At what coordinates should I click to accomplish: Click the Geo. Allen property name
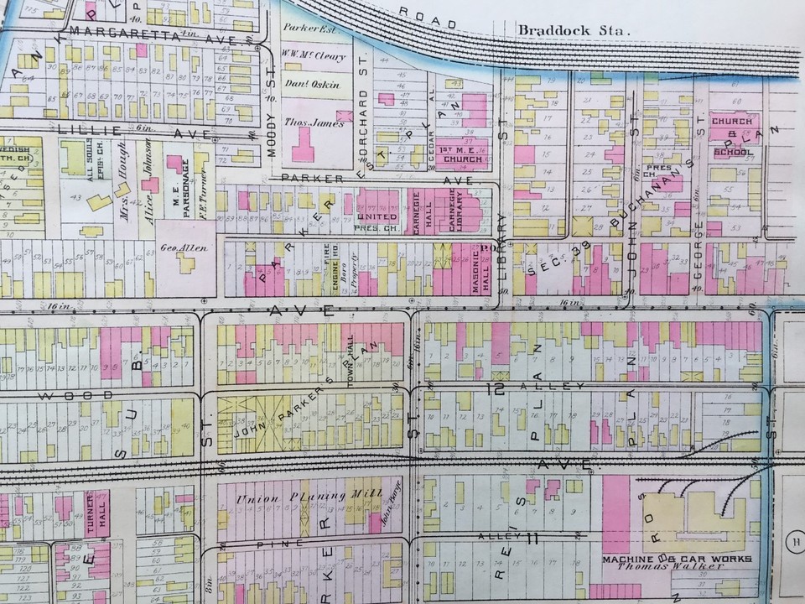[182, 248]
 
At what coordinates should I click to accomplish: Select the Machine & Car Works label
[677, 558]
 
